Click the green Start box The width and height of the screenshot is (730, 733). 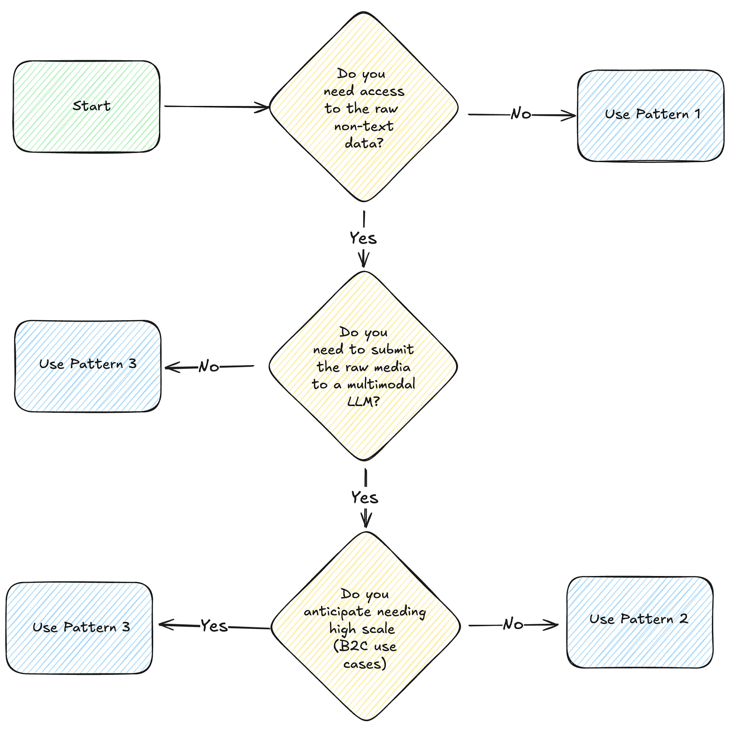point(86,106)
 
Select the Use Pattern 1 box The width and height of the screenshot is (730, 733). point(650,115)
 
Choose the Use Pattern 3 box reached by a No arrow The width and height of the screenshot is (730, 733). point(88,366)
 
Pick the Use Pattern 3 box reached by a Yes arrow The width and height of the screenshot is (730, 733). point(79,628)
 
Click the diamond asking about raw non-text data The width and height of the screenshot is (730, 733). point(364,107)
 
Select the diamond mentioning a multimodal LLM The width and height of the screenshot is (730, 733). point(364,366)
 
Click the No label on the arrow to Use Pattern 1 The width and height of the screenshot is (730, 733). point(521,114)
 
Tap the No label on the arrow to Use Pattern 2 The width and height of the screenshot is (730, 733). point(513,624)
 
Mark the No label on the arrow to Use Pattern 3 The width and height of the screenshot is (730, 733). point(209,366)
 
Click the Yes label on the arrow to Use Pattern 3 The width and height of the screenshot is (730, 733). point(214,626)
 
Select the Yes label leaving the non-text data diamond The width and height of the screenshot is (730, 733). point(363,238)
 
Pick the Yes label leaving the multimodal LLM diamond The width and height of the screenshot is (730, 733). point(365,498)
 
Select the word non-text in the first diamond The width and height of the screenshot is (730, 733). point(364,126)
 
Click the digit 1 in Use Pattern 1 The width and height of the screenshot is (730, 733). point(698,114)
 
